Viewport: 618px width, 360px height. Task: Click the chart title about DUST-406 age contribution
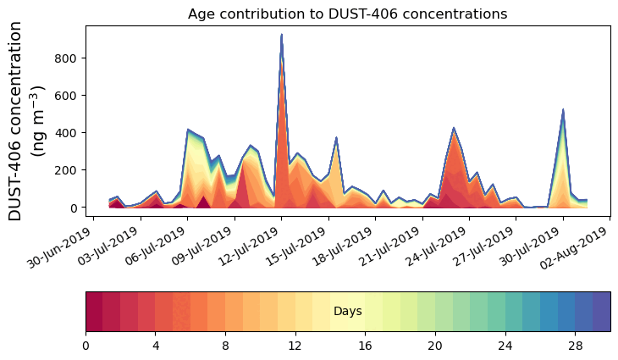coord(347,14)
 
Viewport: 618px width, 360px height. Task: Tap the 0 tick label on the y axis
coord(74,208)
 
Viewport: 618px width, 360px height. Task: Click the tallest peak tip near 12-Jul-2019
coord(281,35)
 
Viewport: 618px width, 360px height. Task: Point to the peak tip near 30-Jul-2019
coord(563,109)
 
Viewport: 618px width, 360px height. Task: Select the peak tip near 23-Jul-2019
coord(454,128)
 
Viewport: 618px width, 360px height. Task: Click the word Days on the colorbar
coord(347,312)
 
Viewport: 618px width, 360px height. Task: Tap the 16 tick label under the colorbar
coord(365,346)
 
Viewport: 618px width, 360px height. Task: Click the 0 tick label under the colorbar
coord(86,346)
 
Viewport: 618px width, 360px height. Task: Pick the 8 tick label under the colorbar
coord(225,346)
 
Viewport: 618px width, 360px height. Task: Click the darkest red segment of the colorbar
coord(94,311)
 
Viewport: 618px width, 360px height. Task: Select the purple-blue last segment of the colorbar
coord(602,311)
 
